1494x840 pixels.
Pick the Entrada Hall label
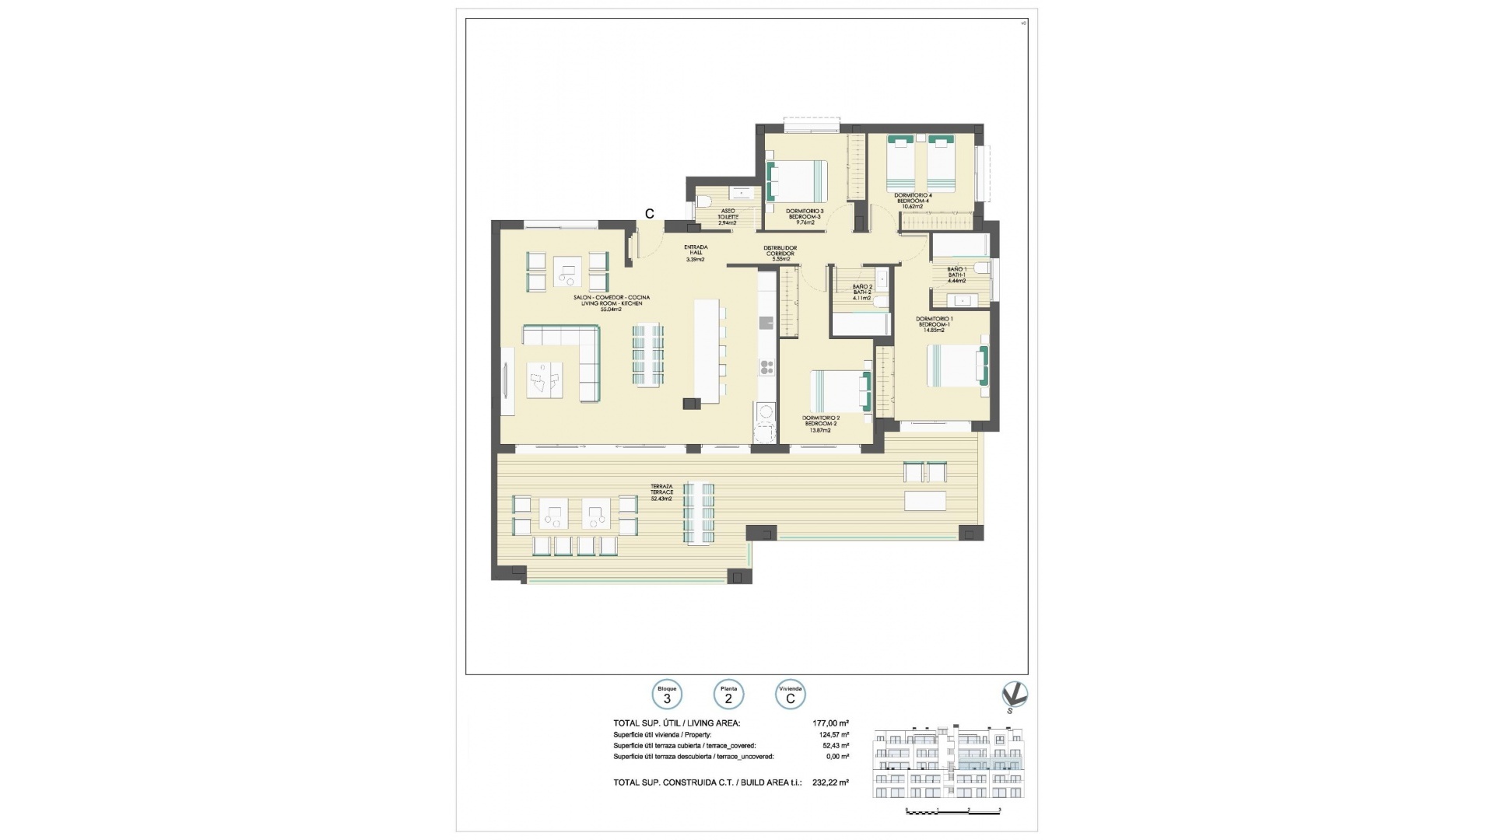(x=695, y=253)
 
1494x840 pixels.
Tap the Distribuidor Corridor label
(x=780, y=253)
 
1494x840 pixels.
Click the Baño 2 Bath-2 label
(x=861, y=292)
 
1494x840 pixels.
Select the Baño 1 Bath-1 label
(x=956, y=275)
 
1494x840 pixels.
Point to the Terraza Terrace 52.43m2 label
(x=661, y=492)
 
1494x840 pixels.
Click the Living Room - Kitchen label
(x=611, y=303)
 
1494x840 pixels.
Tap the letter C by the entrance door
(x=649, y=214)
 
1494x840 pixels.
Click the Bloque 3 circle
(x=667, y=695)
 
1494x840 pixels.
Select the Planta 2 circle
(x=728, y=695)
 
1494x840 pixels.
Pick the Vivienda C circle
(x=791, y=695)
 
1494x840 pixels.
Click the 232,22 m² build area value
(x=830, y=782)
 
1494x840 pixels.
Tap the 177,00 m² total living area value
(x=830, y=723)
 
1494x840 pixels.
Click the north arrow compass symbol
(x=1014, y=695)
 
